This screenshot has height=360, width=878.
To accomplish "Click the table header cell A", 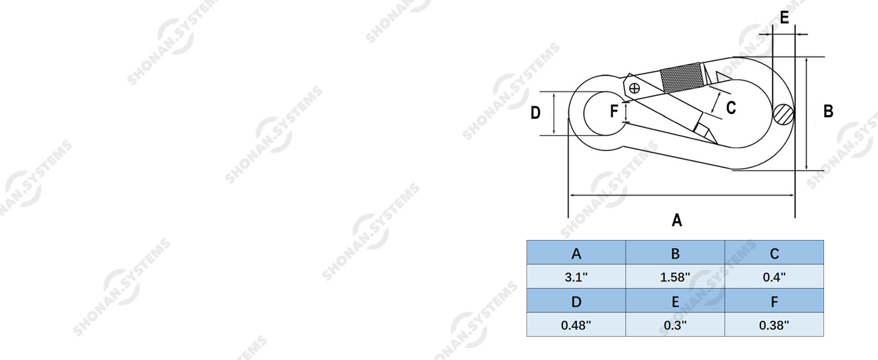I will coord(576,253).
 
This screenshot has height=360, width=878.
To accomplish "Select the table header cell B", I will coord(675,253).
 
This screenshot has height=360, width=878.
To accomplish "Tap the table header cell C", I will coord(774,253).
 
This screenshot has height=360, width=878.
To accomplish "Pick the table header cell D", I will coord(576,301).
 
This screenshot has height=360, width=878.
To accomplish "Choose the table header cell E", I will coord(675,301).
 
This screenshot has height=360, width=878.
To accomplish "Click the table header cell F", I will coord(774,301).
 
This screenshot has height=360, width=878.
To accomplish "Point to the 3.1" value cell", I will coord(576,277).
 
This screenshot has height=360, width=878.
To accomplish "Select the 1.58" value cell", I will coord(675,277).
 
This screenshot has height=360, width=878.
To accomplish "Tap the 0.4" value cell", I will coord(774,277).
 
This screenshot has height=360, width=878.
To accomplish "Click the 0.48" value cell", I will coord(576,325).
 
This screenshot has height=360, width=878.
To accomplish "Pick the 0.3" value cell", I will coord(675,325).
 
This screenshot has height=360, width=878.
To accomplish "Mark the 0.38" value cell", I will coord(774,325).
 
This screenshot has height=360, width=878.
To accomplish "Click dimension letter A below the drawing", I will coord(677,220).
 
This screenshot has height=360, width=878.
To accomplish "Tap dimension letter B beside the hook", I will coord(828,112).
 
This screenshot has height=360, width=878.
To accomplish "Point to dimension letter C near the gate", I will coord(731,108).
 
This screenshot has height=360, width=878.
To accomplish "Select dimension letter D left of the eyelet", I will coord(536,113).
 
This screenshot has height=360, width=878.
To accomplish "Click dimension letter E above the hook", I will coord(784,18).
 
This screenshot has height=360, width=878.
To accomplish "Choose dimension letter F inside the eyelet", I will coord(614,112).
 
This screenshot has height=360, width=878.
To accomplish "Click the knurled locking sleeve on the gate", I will coord(682,78).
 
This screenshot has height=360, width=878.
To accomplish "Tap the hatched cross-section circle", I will coord(783,114).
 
